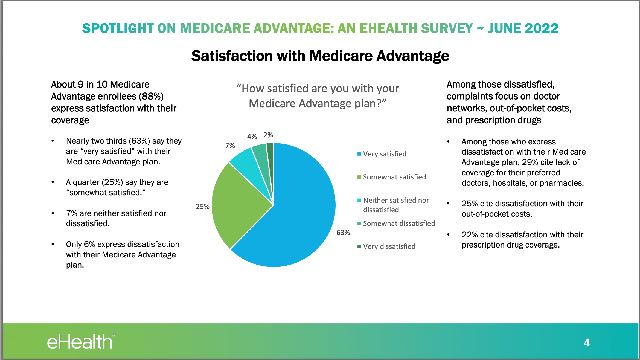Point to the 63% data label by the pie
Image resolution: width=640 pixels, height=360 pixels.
click(343, 233)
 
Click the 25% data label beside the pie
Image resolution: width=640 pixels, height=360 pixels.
click(202, 207)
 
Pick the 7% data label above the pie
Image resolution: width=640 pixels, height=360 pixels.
click(230, 146)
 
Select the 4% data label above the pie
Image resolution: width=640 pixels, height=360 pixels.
click(252, 137)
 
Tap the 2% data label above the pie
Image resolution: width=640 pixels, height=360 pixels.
click(268, 135)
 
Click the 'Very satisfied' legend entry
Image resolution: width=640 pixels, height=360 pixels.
click(384, 154)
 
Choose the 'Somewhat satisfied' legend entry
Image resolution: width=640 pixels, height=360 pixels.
click(394, 177)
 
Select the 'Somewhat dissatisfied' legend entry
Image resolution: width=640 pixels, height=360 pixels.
click(399, 223)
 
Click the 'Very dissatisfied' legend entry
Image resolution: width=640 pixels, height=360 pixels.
click(389, 246)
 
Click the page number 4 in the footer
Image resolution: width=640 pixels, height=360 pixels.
click(587, 342)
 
